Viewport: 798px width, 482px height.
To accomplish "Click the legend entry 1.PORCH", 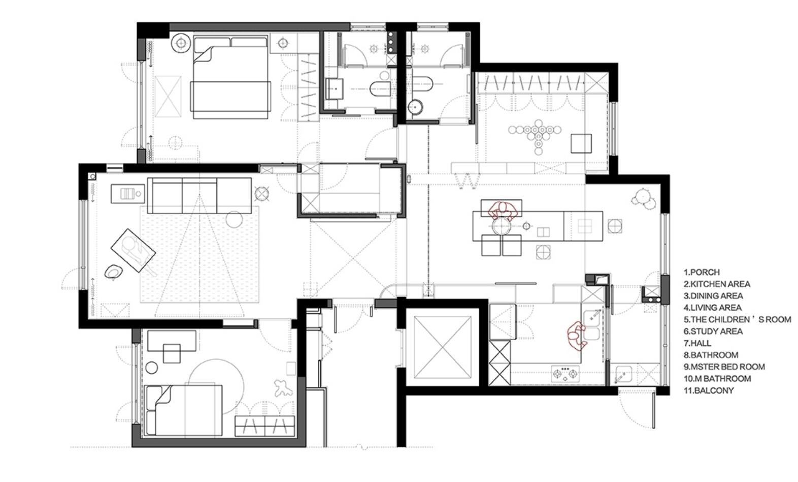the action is pos(702,272).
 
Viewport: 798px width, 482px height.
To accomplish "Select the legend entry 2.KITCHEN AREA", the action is pos(717,284).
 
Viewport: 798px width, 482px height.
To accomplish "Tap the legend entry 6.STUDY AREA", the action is pos(713,332).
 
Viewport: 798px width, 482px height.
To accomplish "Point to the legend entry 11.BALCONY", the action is pos(709,390).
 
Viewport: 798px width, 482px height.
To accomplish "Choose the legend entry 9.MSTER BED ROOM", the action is pos(724,367).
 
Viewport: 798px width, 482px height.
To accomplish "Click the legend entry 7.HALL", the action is pos(697,343).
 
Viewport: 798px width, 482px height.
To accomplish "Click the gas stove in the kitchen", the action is pos(564,374).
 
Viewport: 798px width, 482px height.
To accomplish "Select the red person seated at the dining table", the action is pos(503,210).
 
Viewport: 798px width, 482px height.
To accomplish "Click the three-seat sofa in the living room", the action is pos(199,196).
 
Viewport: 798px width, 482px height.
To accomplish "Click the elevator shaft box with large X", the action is pos(442,347).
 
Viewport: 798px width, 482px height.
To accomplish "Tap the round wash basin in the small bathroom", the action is pos(416,106).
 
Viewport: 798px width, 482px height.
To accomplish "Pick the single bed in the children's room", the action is pos(184,410).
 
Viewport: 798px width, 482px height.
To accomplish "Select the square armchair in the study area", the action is pos(581,143).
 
